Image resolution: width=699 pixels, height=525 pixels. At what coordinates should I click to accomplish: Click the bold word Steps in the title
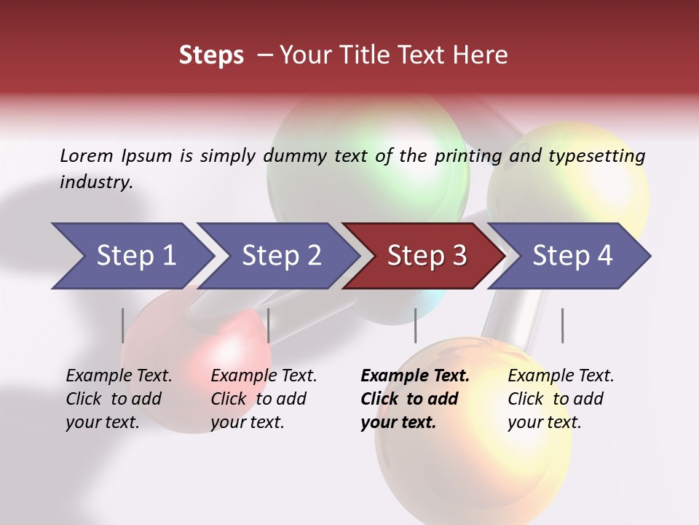click(x=211, y=55)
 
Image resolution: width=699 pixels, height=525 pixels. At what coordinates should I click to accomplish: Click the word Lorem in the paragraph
click(x=86, y=155)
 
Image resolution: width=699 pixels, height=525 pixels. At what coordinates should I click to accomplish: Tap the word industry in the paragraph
click(x=95, y=182)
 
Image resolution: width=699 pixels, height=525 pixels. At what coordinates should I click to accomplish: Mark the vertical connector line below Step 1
click(x=122, y=325)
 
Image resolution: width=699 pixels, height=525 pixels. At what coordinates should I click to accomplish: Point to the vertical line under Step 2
click(x=269, y=325)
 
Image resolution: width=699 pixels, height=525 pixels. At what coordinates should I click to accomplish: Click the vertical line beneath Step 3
click(x=415, y=325)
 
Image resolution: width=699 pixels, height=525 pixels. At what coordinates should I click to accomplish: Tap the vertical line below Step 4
click(x=562, y=325)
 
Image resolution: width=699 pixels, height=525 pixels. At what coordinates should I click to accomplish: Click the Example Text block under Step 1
click(x=118, y=399)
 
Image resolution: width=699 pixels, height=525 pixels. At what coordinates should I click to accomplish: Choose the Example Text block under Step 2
click(x=263, y=399)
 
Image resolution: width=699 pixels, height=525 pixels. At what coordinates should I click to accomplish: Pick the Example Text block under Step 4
click(x=560, y=399)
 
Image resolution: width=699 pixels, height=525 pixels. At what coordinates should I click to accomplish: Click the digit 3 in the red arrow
click(x=459, y=256)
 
